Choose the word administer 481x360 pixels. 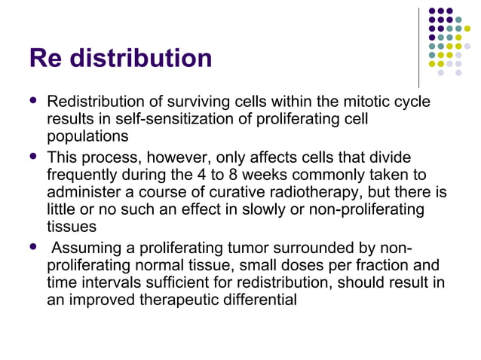pyautogui.click(x=84, y=193)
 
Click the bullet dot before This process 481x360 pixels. pyautogui.click(x=32, y=156)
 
